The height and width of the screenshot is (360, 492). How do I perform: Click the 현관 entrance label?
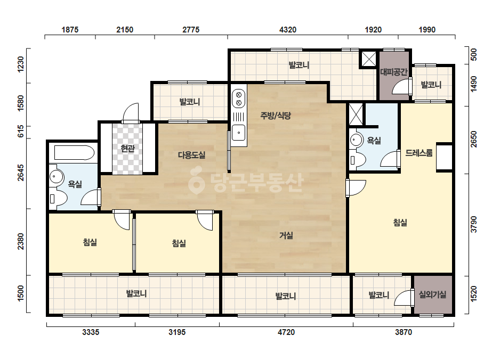coord(128,149)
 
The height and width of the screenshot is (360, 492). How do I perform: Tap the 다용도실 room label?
coord(192,154)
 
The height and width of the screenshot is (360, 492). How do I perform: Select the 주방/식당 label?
coord(276,116)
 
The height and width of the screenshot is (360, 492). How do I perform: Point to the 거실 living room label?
coord(286,235)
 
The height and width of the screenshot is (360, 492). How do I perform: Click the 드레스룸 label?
coord(419,153)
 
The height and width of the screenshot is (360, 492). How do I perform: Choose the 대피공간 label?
coord(394,72)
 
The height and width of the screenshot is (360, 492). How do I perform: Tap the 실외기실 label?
coord(433,294)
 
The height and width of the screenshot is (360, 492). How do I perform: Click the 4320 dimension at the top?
coord(288,29)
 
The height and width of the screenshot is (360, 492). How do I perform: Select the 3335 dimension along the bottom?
coord(91,332)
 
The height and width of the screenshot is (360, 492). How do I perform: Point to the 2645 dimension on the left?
coord(20,173)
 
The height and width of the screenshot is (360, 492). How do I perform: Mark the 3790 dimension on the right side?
coord(474,224)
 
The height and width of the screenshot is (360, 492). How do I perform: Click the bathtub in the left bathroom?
coord(74,153)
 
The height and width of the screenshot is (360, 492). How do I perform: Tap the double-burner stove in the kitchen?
coord(238,98)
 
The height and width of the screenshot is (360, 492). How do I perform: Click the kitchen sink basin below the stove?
coord(239,133)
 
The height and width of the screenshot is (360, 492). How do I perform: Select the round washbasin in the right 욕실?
coord(356,139)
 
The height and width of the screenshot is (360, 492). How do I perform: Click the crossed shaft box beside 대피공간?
coord(369,59)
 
